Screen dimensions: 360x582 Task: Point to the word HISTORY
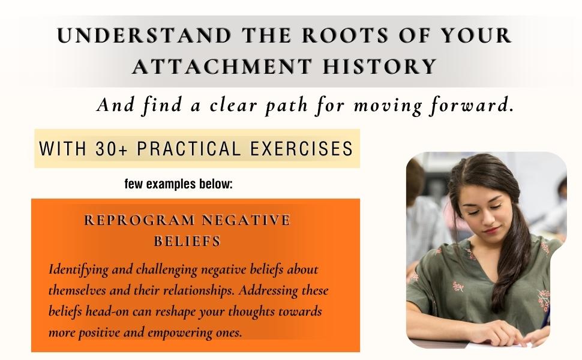click(x=379, y=66)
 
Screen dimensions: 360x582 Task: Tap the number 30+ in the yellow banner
click(x=112, y=148)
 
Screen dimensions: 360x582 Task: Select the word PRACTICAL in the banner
click(x=192, y=148)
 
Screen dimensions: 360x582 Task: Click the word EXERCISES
click(x=303, y=148)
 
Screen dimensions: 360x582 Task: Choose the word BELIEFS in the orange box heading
click(x=188, y=241)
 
